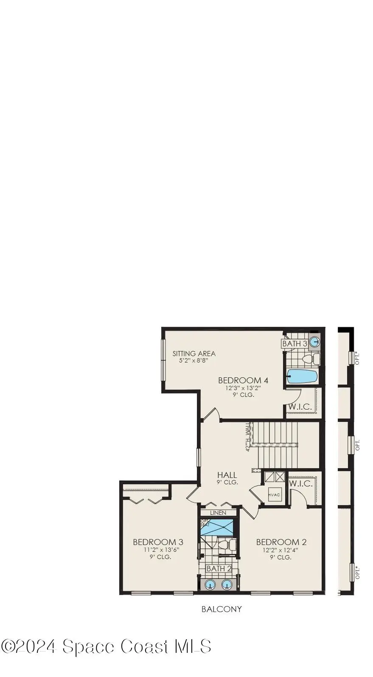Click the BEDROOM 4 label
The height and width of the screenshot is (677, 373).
243,380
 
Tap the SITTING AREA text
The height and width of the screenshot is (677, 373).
194,353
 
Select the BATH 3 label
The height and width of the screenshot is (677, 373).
294,343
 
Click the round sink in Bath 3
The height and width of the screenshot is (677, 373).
314,342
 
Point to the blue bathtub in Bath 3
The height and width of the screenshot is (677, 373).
302,376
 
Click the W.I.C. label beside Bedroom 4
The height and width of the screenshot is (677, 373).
300,407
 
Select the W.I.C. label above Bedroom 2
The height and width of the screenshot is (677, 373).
300,483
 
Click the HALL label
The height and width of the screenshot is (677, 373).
227,475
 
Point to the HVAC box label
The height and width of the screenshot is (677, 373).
274,495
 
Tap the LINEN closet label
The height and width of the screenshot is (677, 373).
218,513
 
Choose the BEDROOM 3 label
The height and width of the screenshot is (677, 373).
158,542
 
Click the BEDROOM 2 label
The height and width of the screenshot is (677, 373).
281,542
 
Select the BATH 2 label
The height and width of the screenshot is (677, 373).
219,568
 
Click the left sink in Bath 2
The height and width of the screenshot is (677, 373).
210,585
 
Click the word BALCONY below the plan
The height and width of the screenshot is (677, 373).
222,609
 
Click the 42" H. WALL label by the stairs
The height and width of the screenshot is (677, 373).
247,436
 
